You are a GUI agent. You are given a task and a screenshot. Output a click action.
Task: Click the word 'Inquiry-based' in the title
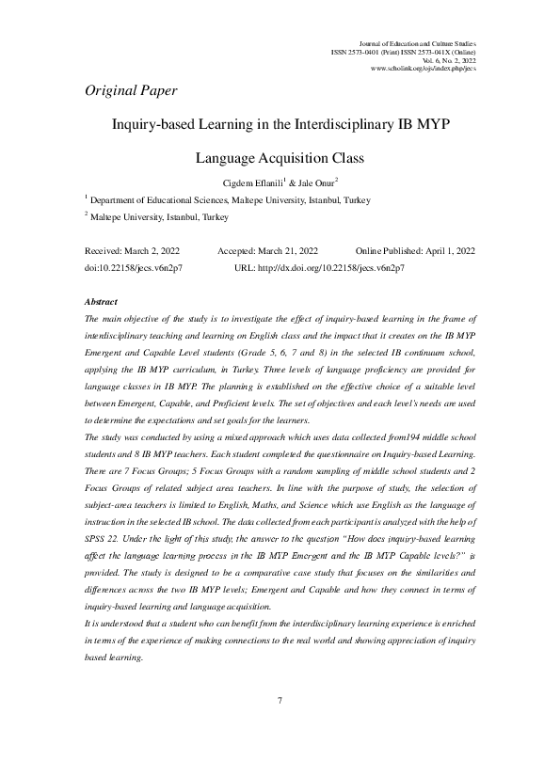coord(154,123)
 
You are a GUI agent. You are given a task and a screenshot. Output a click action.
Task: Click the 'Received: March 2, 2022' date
coord(132,251)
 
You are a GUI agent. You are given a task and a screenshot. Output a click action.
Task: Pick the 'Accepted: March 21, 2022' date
coord(267,251)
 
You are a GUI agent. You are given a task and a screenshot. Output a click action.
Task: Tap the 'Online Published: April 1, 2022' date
coord(415,251)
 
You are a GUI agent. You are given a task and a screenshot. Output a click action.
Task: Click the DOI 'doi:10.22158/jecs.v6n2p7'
coord(133,268)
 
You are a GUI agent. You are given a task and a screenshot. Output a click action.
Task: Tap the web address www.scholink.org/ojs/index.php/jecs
coord(424,69)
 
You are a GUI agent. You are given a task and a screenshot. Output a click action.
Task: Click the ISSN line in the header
coord(403,52)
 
